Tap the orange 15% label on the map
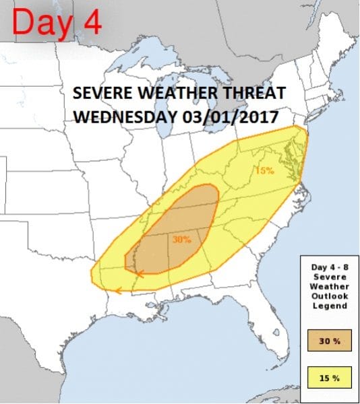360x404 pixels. pyautogui.click(x=264, y=170)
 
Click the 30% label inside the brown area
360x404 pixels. pyautogui.click(x=183, y=239)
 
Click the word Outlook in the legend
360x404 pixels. pyautogui.click(x=330, y=296)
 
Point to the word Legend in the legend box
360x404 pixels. pyautogui.click(x=330, y=306)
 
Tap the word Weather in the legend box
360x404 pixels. pyautogui.click(x=330, y=287)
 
